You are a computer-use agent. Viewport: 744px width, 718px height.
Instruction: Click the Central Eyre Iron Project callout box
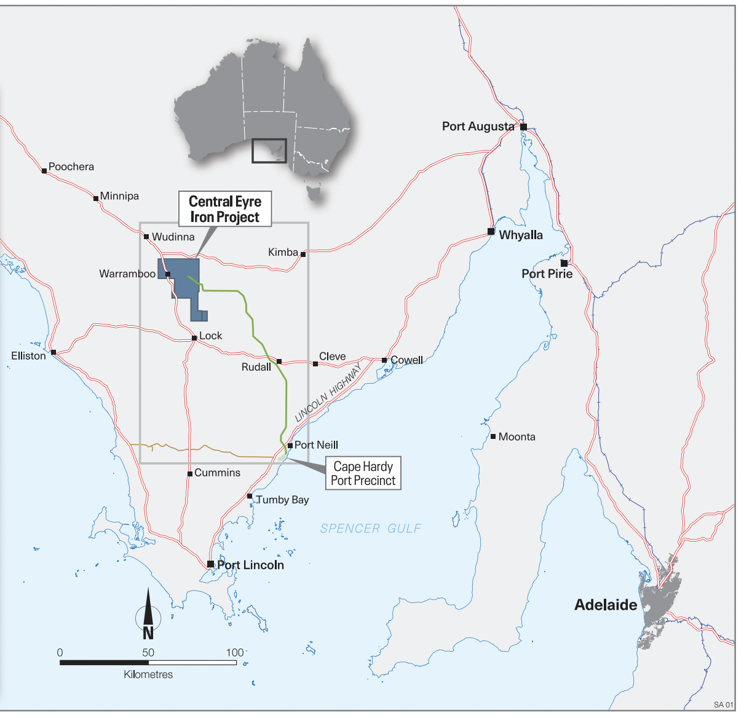pyautogui.click(x=225, y=209)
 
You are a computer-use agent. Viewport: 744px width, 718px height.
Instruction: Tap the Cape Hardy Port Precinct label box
pyautogui.click(x=363, y=473)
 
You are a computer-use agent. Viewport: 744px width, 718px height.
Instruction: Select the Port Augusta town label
pyautogui.click(x=478, y=127)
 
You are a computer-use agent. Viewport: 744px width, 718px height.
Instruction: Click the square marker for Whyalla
pyautogui.click(x=491, y=232)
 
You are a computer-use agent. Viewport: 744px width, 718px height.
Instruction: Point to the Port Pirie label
pyautogui.click(x=547, y=274)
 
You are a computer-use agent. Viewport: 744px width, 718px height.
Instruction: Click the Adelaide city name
pyautogui.click(x=605, y=605)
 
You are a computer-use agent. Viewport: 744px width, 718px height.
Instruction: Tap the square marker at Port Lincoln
pyautogui.click(x=210, y=564)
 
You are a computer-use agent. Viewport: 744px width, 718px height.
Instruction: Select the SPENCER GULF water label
pyautogui.click(x=370, y=529)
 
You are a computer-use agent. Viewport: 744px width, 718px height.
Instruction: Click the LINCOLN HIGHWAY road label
pyautogui.click(x=328, y=392)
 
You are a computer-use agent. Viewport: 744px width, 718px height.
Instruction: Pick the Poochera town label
pyautogui.click(x=71, y=167)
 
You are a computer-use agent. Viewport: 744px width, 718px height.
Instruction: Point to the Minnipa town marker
pyautogui.click(x=96, y=198)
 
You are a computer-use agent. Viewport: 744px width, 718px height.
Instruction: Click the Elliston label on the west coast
pyautogui.click(x=28, y=356)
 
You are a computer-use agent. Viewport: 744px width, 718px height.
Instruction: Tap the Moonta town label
pyautogui.click(x=516, y=437)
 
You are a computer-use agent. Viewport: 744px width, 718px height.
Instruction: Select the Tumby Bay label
pyautogui.click(x=282, y=500)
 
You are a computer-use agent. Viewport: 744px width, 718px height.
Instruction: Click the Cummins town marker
pyautogui.click(x=190, y=473)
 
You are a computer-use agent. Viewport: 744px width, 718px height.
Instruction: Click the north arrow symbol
pyautogui.click(x=148, y=614)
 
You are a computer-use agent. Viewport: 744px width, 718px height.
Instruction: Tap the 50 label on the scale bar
pyautogui.click(x=148, y=652)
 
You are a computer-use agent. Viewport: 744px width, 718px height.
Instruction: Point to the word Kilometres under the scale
pyautogui.click(x=148, y=674)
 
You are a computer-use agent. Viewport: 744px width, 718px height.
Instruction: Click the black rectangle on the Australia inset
pyautogui.click(x=269, y=151)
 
